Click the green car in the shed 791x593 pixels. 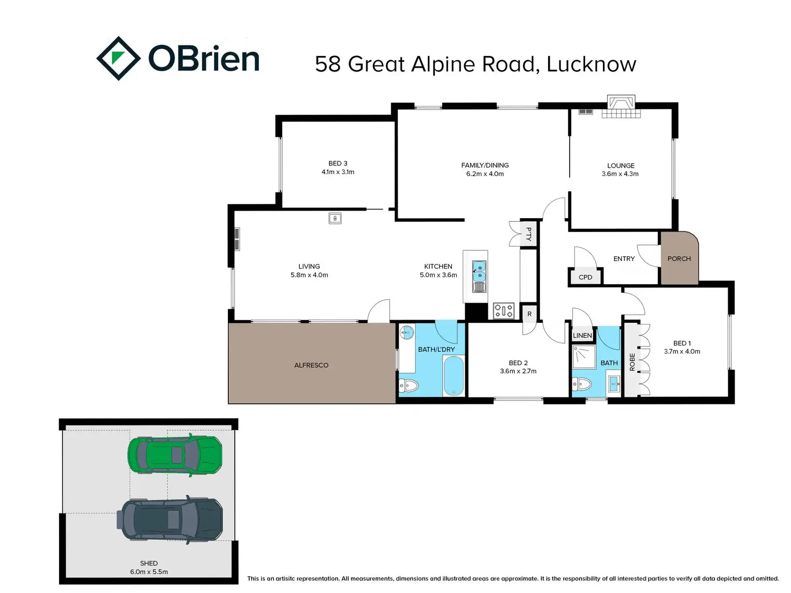pos(175,455)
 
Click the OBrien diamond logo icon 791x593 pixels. pos(118,59)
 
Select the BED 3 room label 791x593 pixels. pos(338,163)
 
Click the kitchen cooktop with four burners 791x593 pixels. pos(504,310)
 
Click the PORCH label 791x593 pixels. pos(679,258)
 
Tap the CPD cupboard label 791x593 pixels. pos(585,277)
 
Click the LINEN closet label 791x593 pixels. pos(583,336)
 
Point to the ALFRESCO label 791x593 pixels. pos(311,365)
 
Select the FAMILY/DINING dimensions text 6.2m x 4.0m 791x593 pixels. pos(485,174)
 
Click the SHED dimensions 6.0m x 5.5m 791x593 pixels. pos(149,572)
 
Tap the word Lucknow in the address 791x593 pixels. pos(591,64)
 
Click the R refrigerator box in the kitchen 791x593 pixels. pos(529,314)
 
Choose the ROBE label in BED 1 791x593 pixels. pos(632,362)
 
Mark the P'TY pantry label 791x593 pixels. pos(528,234)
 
